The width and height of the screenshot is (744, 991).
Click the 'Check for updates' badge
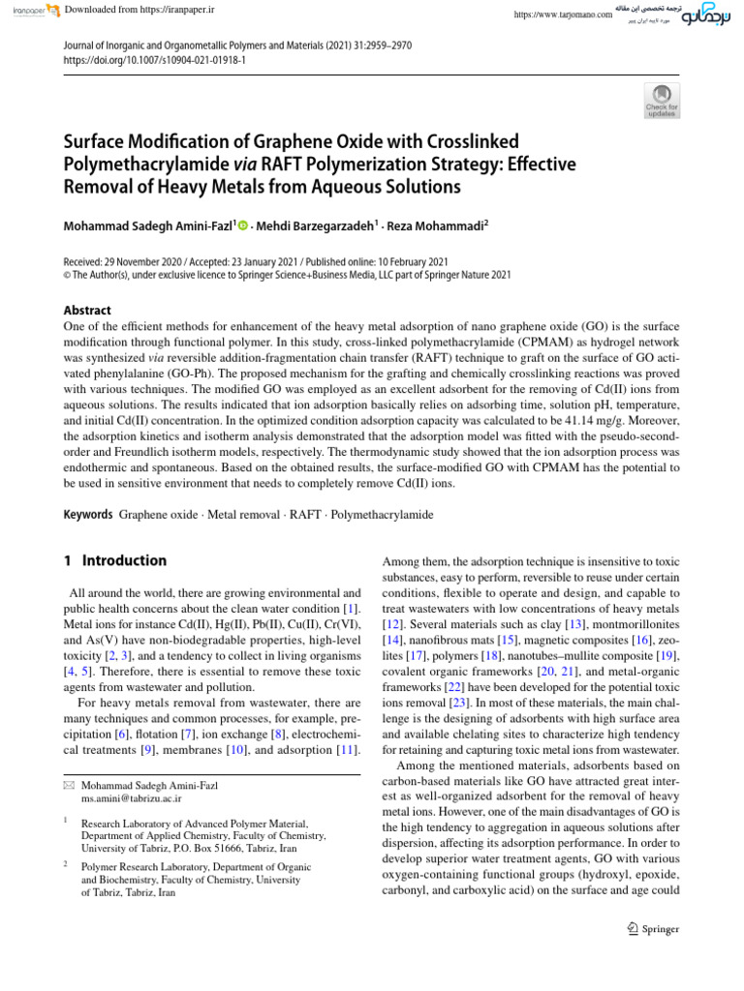tap(662, 100)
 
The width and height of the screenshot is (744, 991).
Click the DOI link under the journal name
tap(154, 59)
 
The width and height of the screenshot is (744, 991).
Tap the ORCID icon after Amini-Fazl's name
tap(242, 225)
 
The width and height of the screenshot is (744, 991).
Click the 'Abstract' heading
tap(87, 311)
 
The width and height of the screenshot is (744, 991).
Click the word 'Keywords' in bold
tap(88, 514)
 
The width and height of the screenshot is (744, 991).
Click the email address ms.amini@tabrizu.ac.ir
tap(132, 799)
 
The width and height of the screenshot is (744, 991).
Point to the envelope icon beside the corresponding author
tap(68, 785)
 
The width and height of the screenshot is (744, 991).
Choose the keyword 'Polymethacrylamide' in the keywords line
tap(382, 514)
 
